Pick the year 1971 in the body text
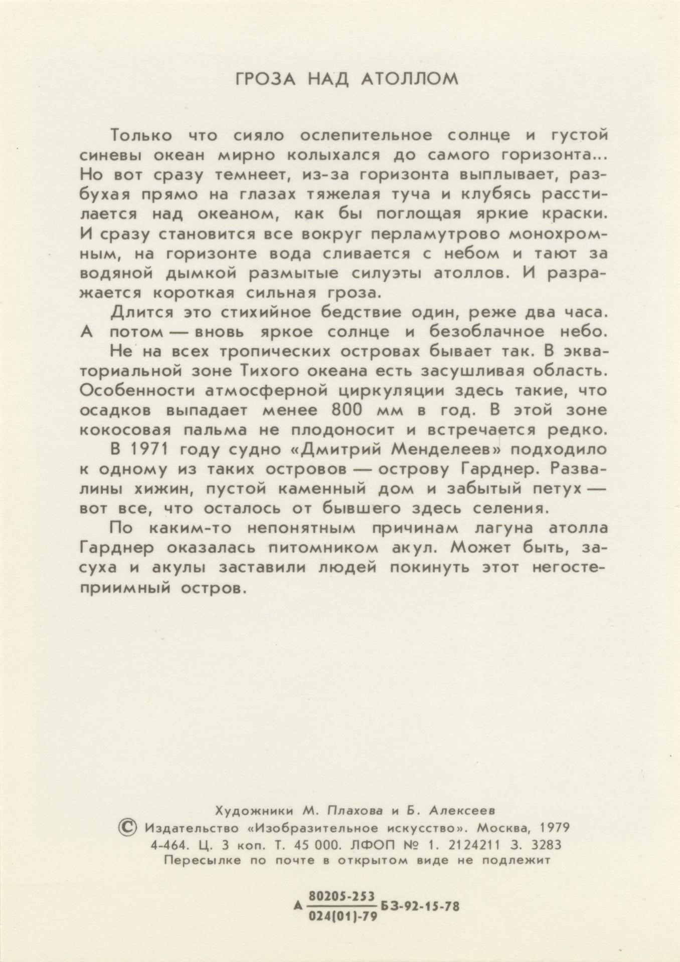[x=154, y=449]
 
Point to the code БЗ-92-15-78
[x=420, y=906]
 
